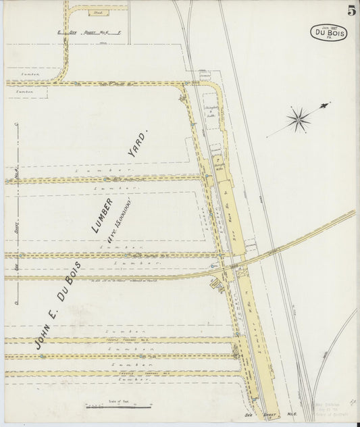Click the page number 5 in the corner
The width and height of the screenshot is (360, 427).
coord(351,10)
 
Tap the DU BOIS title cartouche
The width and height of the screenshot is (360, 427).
coord(329,32)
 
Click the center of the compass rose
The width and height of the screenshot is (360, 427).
coord(298,120)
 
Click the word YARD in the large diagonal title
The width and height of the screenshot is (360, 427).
coord(136,145)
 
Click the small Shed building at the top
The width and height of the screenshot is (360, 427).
coord(99,12)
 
